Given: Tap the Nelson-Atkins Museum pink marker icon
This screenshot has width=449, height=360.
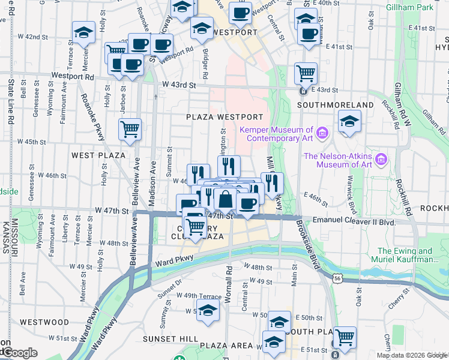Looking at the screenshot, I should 381,160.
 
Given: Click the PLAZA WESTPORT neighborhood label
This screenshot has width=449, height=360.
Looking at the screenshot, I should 224,117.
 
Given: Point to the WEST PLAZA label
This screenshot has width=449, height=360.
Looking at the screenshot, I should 98,155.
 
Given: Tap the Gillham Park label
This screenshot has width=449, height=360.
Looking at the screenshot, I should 427,7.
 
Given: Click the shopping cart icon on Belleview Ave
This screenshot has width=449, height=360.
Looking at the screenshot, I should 130,128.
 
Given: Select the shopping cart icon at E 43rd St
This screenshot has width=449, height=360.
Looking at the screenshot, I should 306,73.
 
